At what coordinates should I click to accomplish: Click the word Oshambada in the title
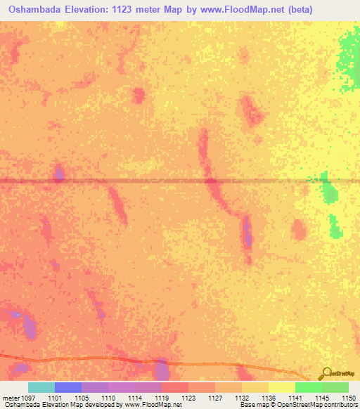tap(36, 9)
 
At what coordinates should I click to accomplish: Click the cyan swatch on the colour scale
tap(41, 387)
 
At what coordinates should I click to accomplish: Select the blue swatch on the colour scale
tap(68, 387)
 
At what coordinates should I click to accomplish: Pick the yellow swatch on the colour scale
tap(281, 387)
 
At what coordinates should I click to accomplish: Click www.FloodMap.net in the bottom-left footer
tap(150, 405)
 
